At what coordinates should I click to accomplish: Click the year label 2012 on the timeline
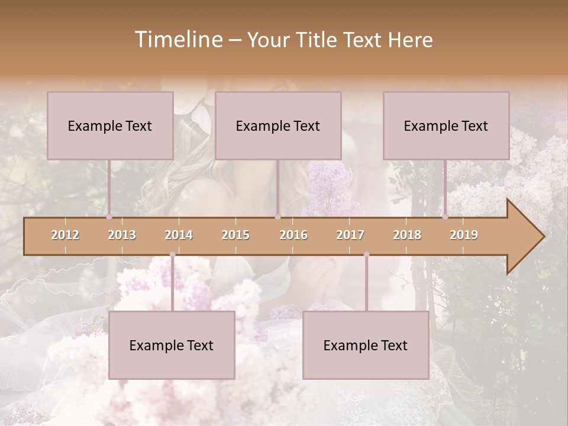tap(65, 235)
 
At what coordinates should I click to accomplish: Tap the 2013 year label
tap(122, 235)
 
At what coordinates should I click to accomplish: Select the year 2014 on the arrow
tap(179, 235)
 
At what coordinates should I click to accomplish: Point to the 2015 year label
tap(235, 235)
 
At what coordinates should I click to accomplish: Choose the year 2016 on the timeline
tap(293, 235)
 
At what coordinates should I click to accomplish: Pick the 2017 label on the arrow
tap(350, 235)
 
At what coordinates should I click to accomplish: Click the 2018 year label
tap(407, 235)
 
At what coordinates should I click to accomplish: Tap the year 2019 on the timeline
tap(464, 235)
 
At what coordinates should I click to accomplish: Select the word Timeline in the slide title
tap(178, 40)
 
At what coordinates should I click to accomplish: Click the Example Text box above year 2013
tap(110, 125)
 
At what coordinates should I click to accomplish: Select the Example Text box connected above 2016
tap(278, 125)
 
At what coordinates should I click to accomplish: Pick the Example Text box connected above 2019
tap(446, 125)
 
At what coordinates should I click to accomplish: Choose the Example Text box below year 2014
tap(172, 345)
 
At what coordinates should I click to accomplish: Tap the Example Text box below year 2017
tap(366, 345)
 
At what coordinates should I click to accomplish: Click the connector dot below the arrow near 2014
tap(172, 254)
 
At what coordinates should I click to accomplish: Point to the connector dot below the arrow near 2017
tap(366, 254)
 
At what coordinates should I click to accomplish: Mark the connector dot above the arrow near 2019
tap(445, 217)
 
